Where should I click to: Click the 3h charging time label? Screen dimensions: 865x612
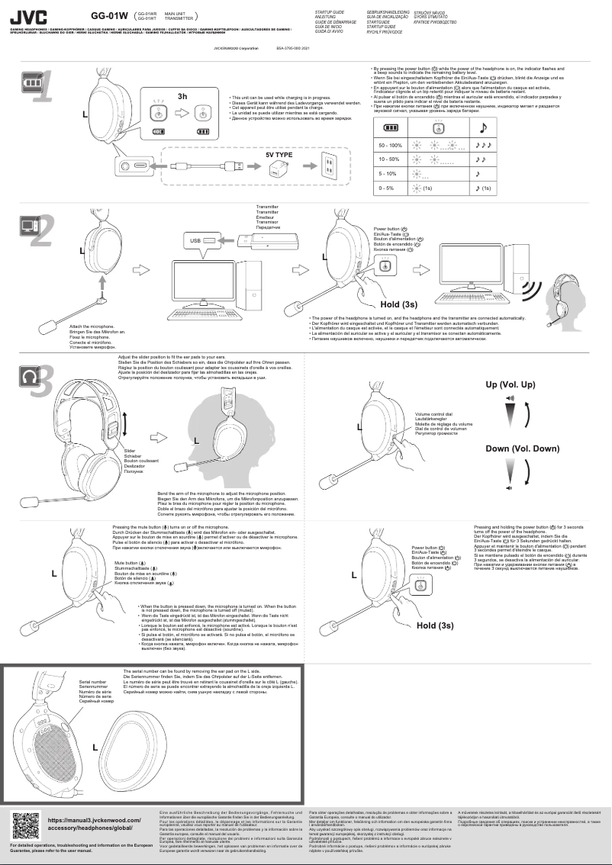click(x=182, y=97)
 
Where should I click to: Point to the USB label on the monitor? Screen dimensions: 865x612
click(x=195, y=240)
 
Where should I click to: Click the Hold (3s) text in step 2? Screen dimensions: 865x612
click(x=402, y=305)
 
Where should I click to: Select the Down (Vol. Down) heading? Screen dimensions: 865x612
click(x=522, y=448)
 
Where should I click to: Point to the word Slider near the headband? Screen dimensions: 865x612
click(x=130, y=451)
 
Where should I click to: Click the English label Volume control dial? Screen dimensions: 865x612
click(x=433, y=413)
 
